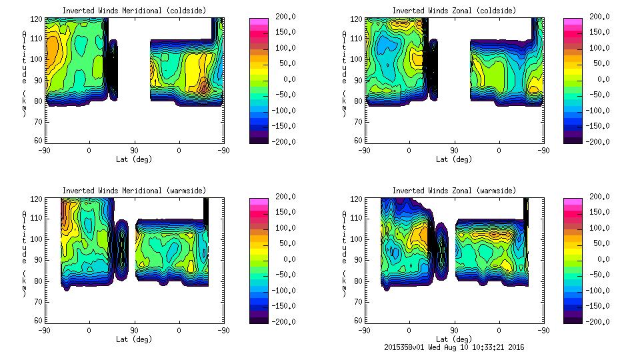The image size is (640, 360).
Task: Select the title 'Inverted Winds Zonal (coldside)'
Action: click(454, 11)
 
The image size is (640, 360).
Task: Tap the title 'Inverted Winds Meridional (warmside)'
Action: click(134, 191)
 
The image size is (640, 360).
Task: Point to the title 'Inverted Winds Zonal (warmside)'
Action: click(454, 191)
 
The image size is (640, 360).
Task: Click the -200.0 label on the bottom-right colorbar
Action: click(599, 321)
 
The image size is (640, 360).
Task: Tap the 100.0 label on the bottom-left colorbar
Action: click(286, 227)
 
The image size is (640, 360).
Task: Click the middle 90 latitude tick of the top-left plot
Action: click(134, 150)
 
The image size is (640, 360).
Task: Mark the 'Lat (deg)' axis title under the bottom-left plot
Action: click(134, 339)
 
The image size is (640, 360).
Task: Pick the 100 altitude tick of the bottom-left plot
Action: click(38, 239)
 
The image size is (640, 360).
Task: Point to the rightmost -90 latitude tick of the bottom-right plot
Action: click(543, 330)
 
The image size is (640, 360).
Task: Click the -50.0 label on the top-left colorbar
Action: click(286, 95)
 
